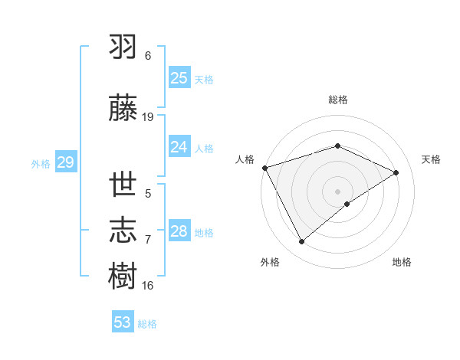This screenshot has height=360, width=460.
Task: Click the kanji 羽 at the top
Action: [123, 47]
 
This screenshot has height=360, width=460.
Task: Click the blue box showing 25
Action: [179, 77]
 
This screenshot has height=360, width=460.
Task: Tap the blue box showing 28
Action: [179, 231]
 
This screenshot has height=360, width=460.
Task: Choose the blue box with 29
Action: [65, 162]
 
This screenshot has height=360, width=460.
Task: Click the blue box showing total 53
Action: [123, 322]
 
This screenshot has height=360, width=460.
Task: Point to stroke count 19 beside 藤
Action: [148, 117]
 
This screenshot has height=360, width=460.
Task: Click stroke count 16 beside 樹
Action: [148, 286]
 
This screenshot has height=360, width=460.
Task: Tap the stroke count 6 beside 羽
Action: [148, 56]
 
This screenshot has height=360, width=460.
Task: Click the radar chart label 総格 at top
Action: [337, 100]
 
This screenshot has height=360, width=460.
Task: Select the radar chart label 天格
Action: [432, 159]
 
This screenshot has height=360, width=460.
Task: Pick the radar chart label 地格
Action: [402, 262]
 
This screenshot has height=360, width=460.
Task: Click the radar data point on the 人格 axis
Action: [264, 167]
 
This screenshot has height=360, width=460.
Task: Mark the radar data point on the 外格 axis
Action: [302, 242]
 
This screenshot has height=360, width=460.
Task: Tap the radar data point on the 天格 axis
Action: [396, 172]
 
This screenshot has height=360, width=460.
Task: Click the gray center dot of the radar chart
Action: [337, 191]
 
